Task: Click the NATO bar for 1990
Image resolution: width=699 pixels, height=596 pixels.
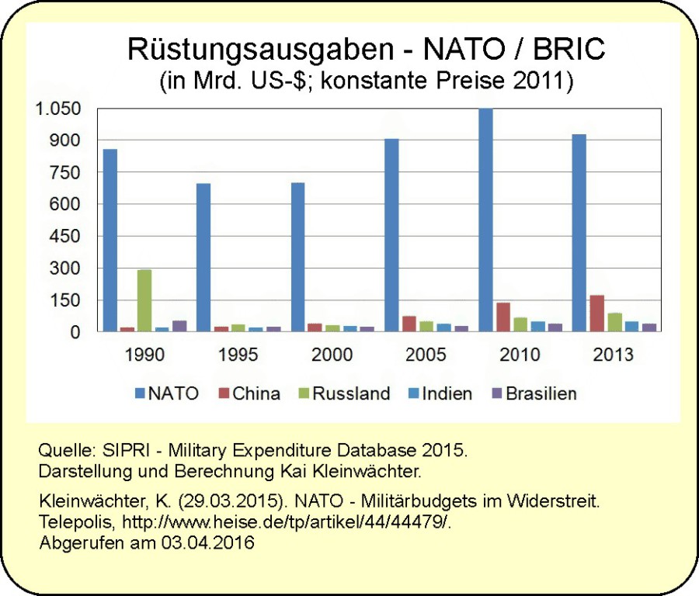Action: [110, 241]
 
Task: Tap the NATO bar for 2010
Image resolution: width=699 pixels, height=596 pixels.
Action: [485, 220]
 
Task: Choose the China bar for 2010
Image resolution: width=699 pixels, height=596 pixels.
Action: [503, 317]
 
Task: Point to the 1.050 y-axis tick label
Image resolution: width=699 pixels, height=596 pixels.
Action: [57, 109]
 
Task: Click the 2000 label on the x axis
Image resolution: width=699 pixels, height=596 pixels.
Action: [332, 355]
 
